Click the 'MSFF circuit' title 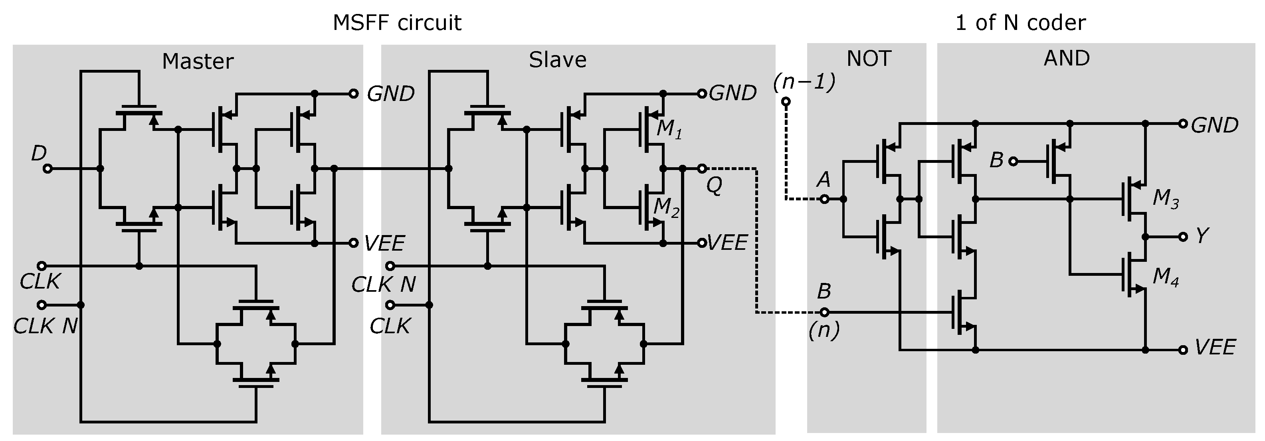(x=397, y=23)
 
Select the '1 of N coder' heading (x=1020, y=23)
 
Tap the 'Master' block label (x=198, y=61)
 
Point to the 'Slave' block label (x=557, y=60)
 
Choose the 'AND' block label (x=1067, y=58)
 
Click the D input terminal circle (x=48, y=169)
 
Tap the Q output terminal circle (x=702, y=168)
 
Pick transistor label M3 (x=1165, y=199)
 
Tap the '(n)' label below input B (x=824, y=330)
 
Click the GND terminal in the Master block (x=354, y=94)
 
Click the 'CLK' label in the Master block (x=40, y=282)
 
